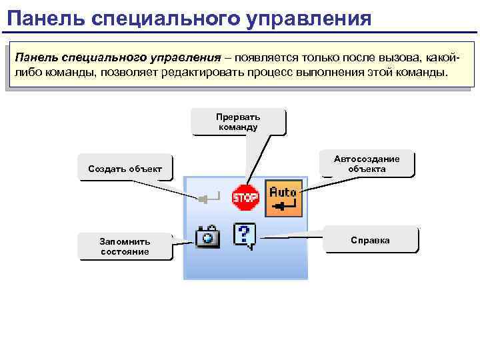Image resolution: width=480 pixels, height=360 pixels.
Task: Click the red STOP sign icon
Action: click(245, 197)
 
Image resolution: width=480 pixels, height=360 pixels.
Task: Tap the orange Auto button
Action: click(283, 198)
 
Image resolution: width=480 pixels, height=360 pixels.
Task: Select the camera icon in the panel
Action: click(207, 237)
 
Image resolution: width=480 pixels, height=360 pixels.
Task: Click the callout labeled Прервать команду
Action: click(238, 121)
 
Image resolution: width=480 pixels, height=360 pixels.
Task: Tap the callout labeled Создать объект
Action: click(125, 169)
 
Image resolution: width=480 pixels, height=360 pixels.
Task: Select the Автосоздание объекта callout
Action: click(367, 164)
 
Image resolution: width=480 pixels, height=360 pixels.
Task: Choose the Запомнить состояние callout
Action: click(125, 246)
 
